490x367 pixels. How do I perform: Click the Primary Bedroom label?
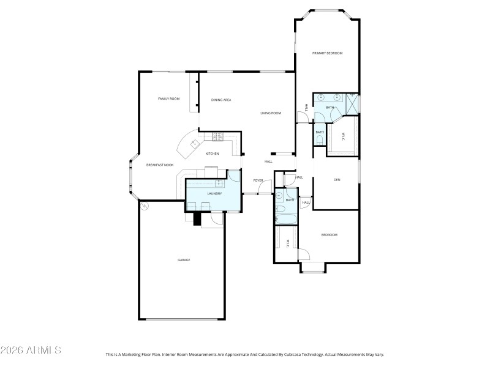pos(327,54)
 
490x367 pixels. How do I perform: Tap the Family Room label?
pos(168,98)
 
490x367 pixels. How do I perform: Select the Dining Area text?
pos(221,100)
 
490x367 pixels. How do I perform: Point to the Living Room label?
pos(270,113)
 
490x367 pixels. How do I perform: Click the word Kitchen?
pos(212,154)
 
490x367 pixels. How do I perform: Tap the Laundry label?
pos(214,194)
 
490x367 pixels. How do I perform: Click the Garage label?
pos(184,260)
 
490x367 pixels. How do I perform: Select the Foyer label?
pos(258,180)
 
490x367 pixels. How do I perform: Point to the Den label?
pos(336,180)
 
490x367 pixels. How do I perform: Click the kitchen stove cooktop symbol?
pos(219,136)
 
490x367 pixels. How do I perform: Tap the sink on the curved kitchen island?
pos(195,144)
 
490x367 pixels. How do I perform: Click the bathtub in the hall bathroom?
pos(285,217)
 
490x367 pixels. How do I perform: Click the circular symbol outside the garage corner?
pos(145,206)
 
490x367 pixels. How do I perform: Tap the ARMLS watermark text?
pos(31,350)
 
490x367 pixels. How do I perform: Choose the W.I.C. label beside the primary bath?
pos(343,136)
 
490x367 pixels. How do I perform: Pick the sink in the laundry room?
pos(218,183)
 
